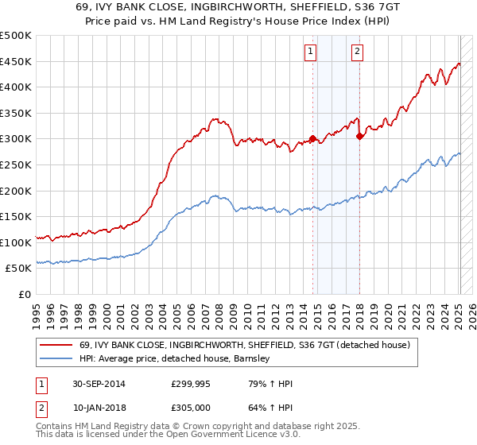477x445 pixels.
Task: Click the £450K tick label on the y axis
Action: coord(16,61)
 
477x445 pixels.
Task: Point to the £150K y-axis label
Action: coord(16,216)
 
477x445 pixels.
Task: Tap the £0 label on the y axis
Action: coord(24,294)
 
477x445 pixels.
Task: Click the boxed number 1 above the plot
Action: coord(310,52)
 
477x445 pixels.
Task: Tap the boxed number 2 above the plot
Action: coord(357,52)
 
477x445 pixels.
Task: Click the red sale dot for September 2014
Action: coord(313,138)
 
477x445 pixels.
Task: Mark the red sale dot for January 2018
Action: coord(360,136)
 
